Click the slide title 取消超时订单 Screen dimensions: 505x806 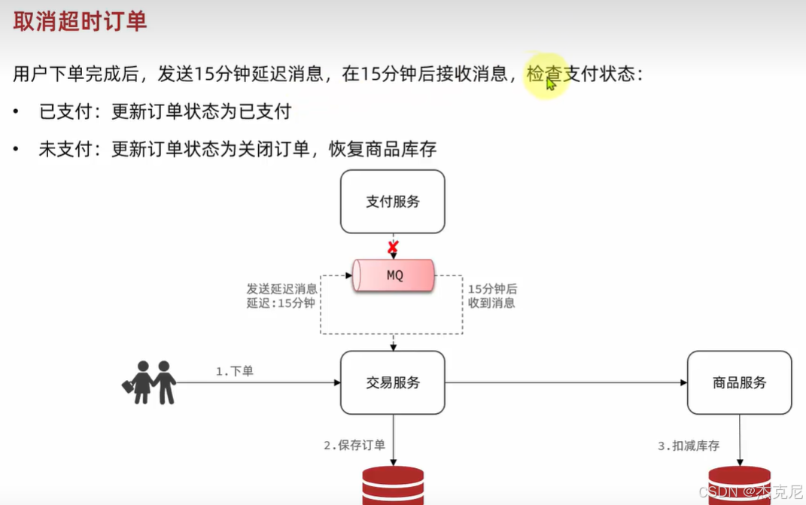tap(80, 21)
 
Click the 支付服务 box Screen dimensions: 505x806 tap(392, 202)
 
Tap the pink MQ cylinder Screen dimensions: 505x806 tap(394, 275)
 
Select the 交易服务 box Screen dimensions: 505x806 tap(392, 382)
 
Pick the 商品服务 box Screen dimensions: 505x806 tap(739, 382)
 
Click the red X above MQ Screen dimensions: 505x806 tap(392, 246)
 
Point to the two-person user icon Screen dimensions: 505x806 tap(150, 382)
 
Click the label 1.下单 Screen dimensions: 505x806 tap(234, 371)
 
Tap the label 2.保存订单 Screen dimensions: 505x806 tap(354, 445)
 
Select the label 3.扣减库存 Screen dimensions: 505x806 tap(689, 446)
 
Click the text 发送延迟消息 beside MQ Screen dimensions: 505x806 tap(282, 289)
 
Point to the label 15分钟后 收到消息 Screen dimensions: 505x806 tap(492, 296)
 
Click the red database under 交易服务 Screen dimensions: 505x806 tap(393, 485)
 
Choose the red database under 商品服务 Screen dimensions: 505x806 tap(739, 485)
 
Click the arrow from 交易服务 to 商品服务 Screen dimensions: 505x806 tap(565, 382)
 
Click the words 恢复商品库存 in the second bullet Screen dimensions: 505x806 tap(383, 149)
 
